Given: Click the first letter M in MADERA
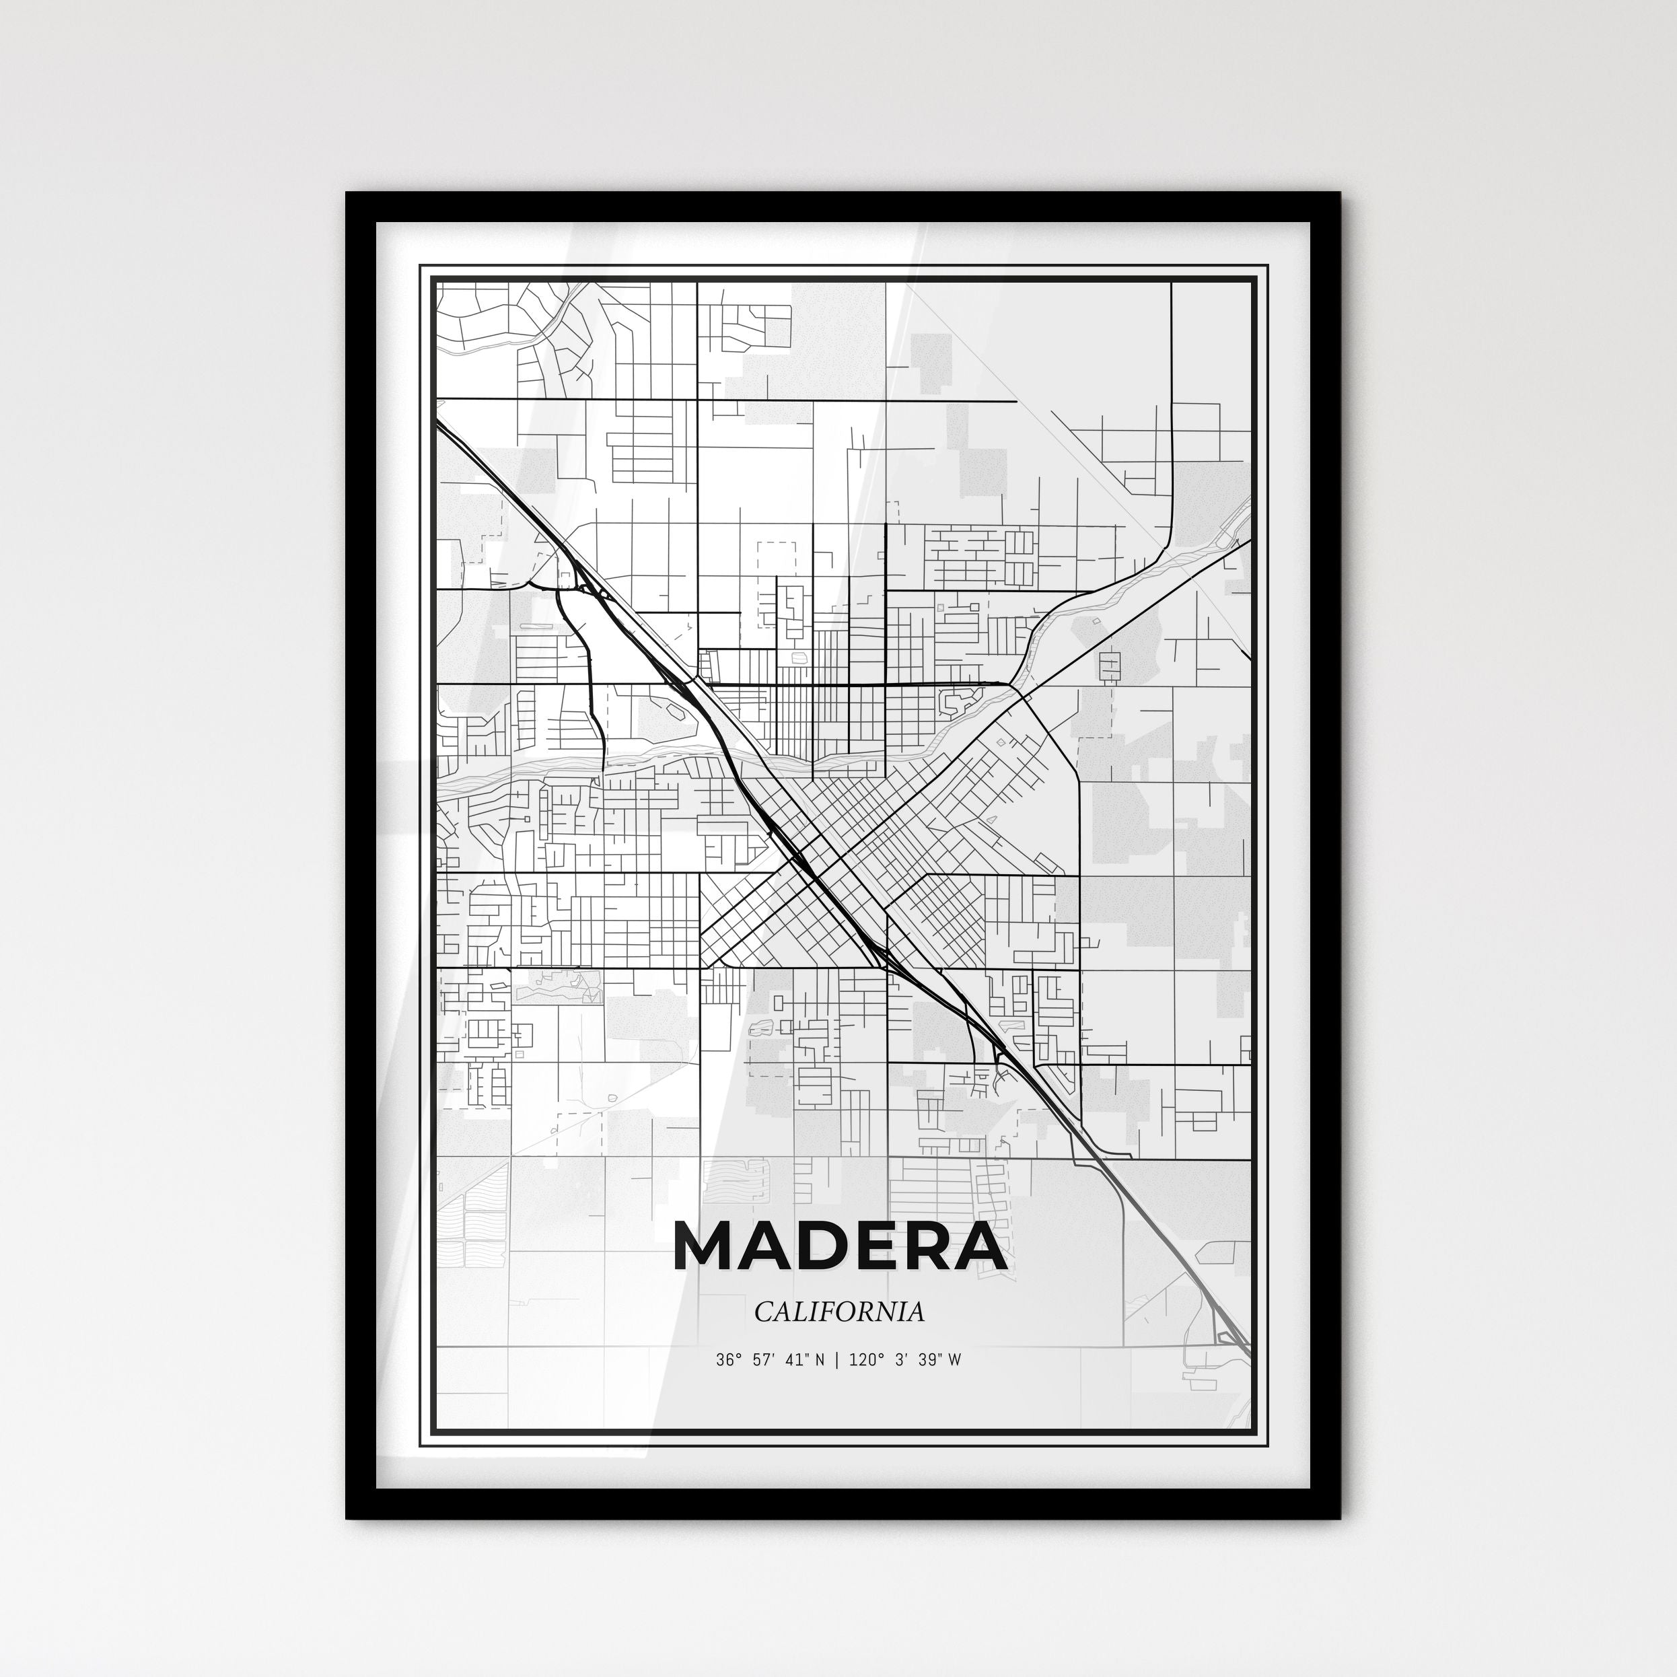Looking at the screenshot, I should [707, 1248].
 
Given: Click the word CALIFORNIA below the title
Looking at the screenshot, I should [838, 1312].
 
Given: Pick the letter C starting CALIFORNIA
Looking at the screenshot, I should [762, 1312].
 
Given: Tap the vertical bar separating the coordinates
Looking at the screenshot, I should [836, 1360].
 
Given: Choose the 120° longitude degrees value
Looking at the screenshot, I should [862, 1360].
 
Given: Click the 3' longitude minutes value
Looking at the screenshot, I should [898, 1360].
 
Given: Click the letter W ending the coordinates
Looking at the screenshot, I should [954, 1360].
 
